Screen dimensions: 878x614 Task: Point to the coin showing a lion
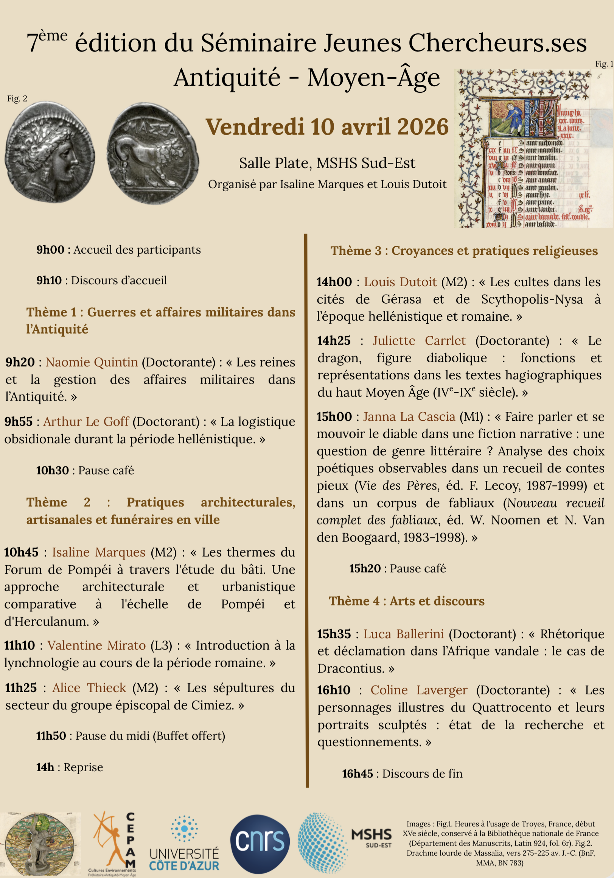(x=152, y=153)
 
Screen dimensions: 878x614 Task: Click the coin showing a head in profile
(x=50, y=152)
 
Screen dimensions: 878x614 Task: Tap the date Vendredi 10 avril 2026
(x=327, y=127)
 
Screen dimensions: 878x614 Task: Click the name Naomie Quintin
(x=92, y=362)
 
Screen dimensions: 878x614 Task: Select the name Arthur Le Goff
(x=86, y=421)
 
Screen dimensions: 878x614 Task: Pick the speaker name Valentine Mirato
(x=96, y=645)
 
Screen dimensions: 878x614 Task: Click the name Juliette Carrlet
(x=419, y=340)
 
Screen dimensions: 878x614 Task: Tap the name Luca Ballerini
(x=404, y=634)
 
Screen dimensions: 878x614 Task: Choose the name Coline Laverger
(x=419, y=690)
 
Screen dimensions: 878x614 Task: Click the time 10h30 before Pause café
(x=52, y=470)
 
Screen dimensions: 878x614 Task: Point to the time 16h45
(x=357, y=774)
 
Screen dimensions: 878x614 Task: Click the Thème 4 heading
(x=407, y=601)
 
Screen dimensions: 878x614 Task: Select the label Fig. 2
(x=17, y=99)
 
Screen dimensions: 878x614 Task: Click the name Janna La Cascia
(x=409, y=416)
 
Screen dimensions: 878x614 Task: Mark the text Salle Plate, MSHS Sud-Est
(x=327, y=163)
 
